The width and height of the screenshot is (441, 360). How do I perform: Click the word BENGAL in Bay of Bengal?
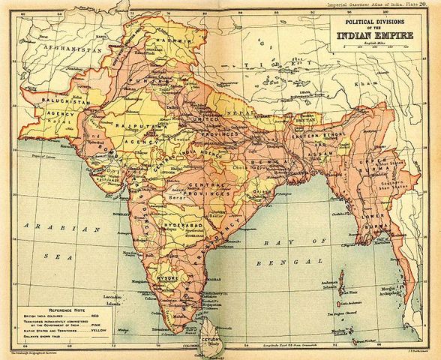coord(277,265)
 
